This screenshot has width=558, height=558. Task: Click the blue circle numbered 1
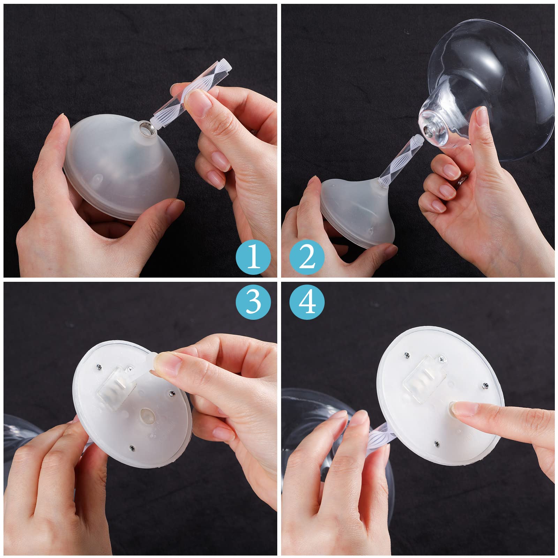[x=254, y=257]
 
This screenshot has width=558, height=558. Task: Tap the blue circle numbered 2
[x=307, y=257]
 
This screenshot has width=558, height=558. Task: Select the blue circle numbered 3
[x=254, y=301]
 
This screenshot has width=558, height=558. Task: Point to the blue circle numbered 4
[x=307, y=301]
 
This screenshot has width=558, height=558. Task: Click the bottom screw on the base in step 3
[x=132, y=447]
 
